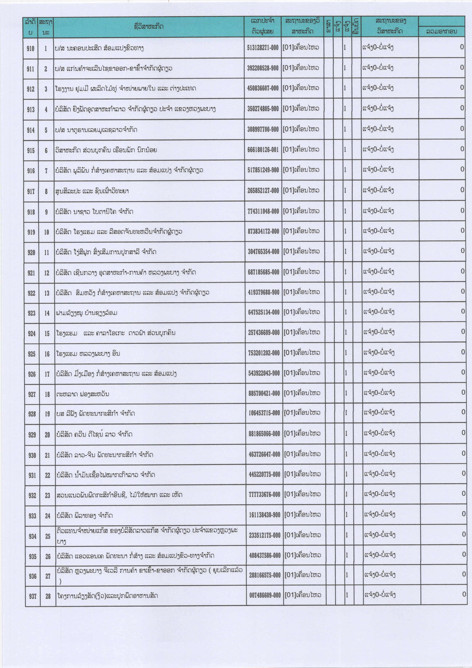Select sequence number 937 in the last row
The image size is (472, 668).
pyautogui.click(x=33, y=596)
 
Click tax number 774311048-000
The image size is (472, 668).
pyautogui.click(x=263, y=211)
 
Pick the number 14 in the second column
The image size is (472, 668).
pyautogui.click(x=47, y=313)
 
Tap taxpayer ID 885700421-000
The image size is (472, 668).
pyautogui.click(x=264, y=393)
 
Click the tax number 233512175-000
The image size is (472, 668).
pyautogui.click(x=265, y=535)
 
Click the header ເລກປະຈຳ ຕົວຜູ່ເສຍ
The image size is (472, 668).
pyautogui.click(x=262, y=26)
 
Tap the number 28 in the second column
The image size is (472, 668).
pyautogui.click(x=48, y=596)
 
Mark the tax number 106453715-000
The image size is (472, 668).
pyautogui.click(x=264, y=413)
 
